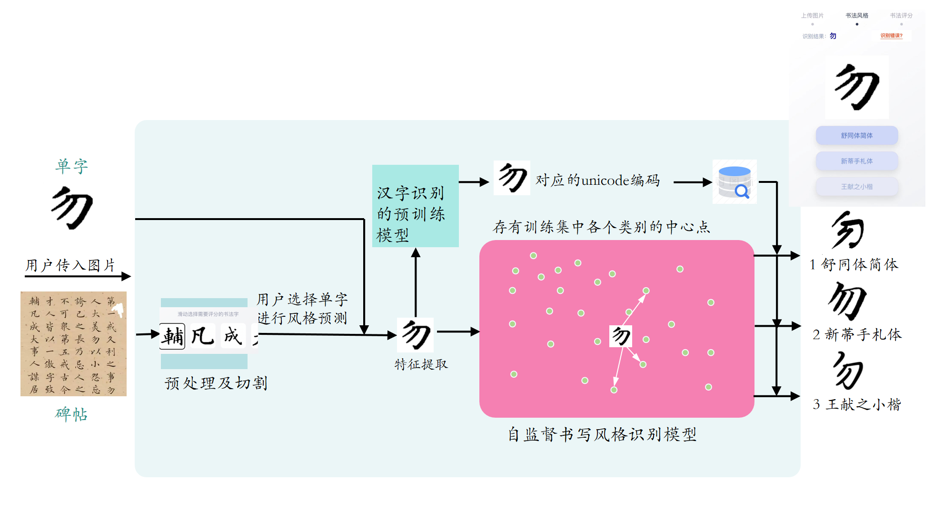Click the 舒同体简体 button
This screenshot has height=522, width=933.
(856, 135)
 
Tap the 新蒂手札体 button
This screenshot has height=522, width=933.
(856, 161)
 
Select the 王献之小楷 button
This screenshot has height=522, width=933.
(856, 187)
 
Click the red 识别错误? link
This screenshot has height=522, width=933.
(891, 36)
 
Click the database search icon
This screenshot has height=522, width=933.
(734, 182)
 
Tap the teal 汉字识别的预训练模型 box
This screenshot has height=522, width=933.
(415, 206)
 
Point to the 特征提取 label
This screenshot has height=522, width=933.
(421, 364)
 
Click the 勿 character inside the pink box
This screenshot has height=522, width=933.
(621, 336)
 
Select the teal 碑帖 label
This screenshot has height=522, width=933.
(71, 414)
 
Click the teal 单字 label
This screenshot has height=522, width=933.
(71, 166)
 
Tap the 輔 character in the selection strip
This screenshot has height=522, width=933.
(172, 336)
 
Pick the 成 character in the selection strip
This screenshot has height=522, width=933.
(233, 336)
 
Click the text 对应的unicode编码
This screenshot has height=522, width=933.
(597, 181)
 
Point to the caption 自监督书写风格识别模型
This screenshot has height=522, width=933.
(602, 434)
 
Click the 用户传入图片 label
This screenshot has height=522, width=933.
(70, 265)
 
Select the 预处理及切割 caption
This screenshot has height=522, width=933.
(216, 383)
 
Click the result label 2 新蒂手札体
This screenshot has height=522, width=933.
(857, 334)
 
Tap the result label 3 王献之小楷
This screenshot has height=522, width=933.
(857, 404)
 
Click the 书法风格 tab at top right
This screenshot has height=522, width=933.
(856, 16)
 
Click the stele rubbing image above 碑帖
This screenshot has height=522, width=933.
(73, 344)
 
